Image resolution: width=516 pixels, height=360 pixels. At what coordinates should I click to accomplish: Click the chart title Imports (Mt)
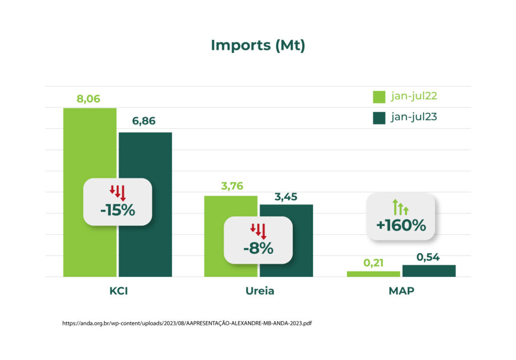pyautogui.click(x=258, y=45)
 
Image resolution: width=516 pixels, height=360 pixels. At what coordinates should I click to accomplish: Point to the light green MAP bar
pyautogui.click(x=373, y=274)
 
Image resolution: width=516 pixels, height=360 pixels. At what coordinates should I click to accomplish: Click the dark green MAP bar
pyautogui.click(x=429, y=271)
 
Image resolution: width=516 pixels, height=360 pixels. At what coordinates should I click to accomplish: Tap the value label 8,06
pyautogui.click(x=88, y=99)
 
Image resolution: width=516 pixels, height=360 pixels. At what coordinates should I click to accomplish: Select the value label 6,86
pyautogui.click(x=144, y=121)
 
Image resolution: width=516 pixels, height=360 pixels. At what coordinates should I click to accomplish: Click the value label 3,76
pyautogui.click(x=232, y=186)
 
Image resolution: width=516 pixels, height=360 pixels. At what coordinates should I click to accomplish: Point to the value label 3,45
pyautogui.click(x=286, y=196)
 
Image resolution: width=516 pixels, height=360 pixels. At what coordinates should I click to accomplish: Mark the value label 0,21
pyautogui.click(x=373, y=263)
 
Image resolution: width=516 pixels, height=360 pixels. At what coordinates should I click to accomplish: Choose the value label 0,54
pyautogui.click(x=428, y=257)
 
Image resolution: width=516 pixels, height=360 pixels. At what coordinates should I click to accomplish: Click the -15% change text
pyautogui.click(x=118, y=210)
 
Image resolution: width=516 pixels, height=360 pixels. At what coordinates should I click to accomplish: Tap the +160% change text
pyautogui.click(x=401, y=225)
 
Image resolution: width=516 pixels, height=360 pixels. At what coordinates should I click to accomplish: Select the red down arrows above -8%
pyautogui.click(x=259, y=231)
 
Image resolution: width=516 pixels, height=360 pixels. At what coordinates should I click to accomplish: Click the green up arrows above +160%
pyautogui.click(x=401, y=207)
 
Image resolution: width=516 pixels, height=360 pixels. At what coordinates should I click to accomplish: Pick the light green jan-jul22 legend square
pyautogui.click(x=379, y=97)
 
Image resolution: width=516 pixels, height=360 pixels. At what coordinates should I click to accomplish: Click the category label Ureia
pyautogui.click(x=260, y=291)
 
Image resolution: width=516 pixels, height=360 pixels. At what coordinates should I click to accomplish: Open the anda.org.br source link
pyautogui.click(x=187, y=323)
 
